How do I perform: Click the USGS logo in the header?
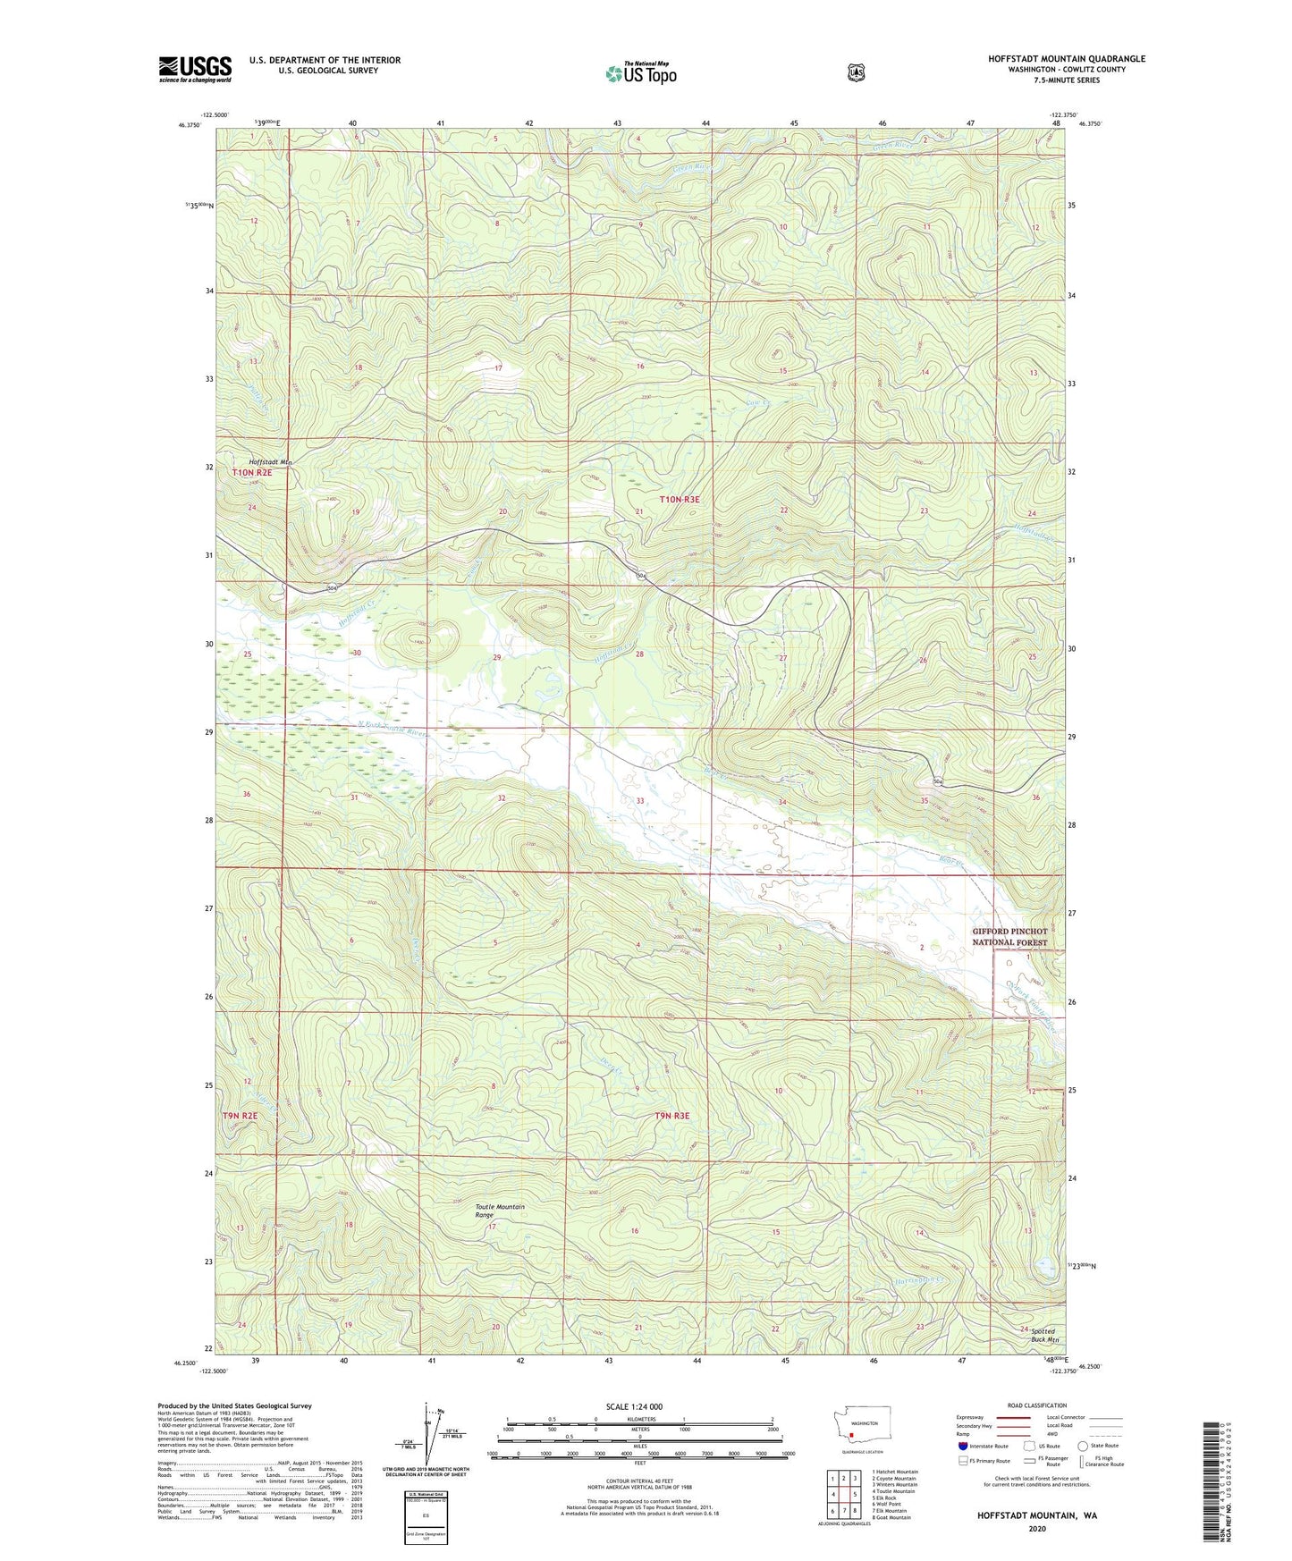point(195,69)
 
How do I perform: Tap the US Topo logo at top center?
point(640,72)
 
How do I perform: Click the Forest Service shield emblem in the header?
point(856,72)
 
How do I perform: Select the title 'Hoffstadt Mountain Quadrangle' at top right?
point(1066,59)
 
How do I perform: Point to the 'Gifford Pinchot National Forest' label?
point(1009,936)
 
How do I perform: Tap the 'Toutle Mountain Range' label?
point(499,1211)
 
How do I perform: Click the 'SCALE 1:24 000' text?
point(634,1406)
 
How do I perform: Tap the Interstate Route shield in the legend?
point(962,1446)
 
